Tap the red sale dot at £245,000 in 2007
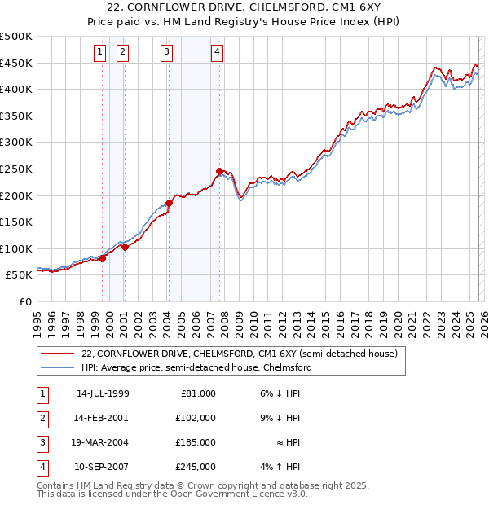tap(219, 171)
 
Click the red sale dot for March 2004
tap(169, 203)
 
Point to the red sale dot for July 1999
tap(103, 258)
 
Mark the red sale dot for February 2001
tap(125, 247)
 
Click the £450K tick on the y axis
tap(16, 63)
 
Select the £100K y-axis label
tap(16, 248)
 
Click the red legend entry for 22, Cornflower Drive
tap(239, 353)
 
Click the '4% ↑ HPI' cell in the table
tap(280, 467)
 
